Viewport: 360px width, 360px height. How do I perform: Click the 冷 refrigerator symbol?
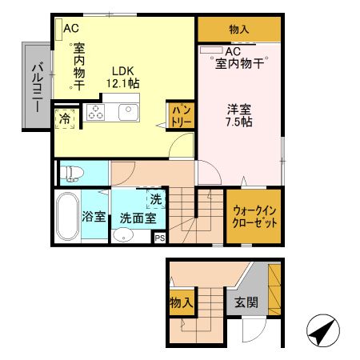coord(63,118)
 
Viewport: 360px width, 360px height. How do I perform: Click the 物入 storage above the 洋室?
coord(238,30)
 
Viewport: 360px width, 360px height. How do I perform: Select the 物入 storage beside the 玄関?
coord(181,303)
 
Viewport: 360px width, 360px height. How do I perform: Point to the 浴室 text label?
coord(94,216)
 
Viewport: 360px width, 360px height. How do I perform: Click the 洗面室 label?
coord(132,217)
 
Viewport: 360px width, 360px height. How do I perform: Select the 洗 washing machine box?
coord(155,200)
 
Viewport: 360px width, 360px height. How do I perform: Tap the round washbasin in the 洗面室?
coord(122,235)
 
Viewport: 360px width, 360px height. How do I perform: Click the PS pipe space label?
coord(159,238)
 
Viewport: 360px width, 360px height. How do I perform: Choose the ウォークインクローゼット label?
coord(254,217)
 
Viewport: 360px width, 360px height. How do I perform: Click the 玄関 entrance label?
coord(245,303)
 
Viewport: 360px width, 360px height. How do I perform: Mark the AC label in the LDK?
coord(70,28)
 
